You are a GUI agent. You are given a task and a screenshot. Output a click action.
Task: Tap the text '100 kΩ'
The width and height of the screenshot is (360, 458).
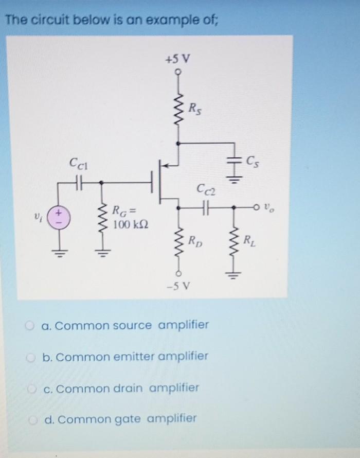pyautogui.click(x=127, y=225)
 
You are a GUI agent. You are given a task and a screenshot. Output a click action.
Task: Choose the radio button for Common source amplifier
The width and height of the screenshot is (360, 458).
pyautogui.click(x=32, y=326)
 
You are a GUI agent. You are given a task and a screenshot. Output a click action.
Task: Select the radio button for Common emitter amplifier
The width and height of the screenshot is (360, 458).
pyautogui.click(x=32, y=357)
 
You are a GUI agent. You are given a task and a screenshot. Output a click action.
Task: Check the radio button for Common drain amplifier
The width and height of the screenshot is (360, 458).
pyautogui.click(x=32, y=388)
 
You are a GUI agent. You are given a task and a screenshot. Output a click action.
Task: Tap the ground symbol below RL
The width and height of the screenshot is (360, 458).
pyautogui.click(x=235, y=274)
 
